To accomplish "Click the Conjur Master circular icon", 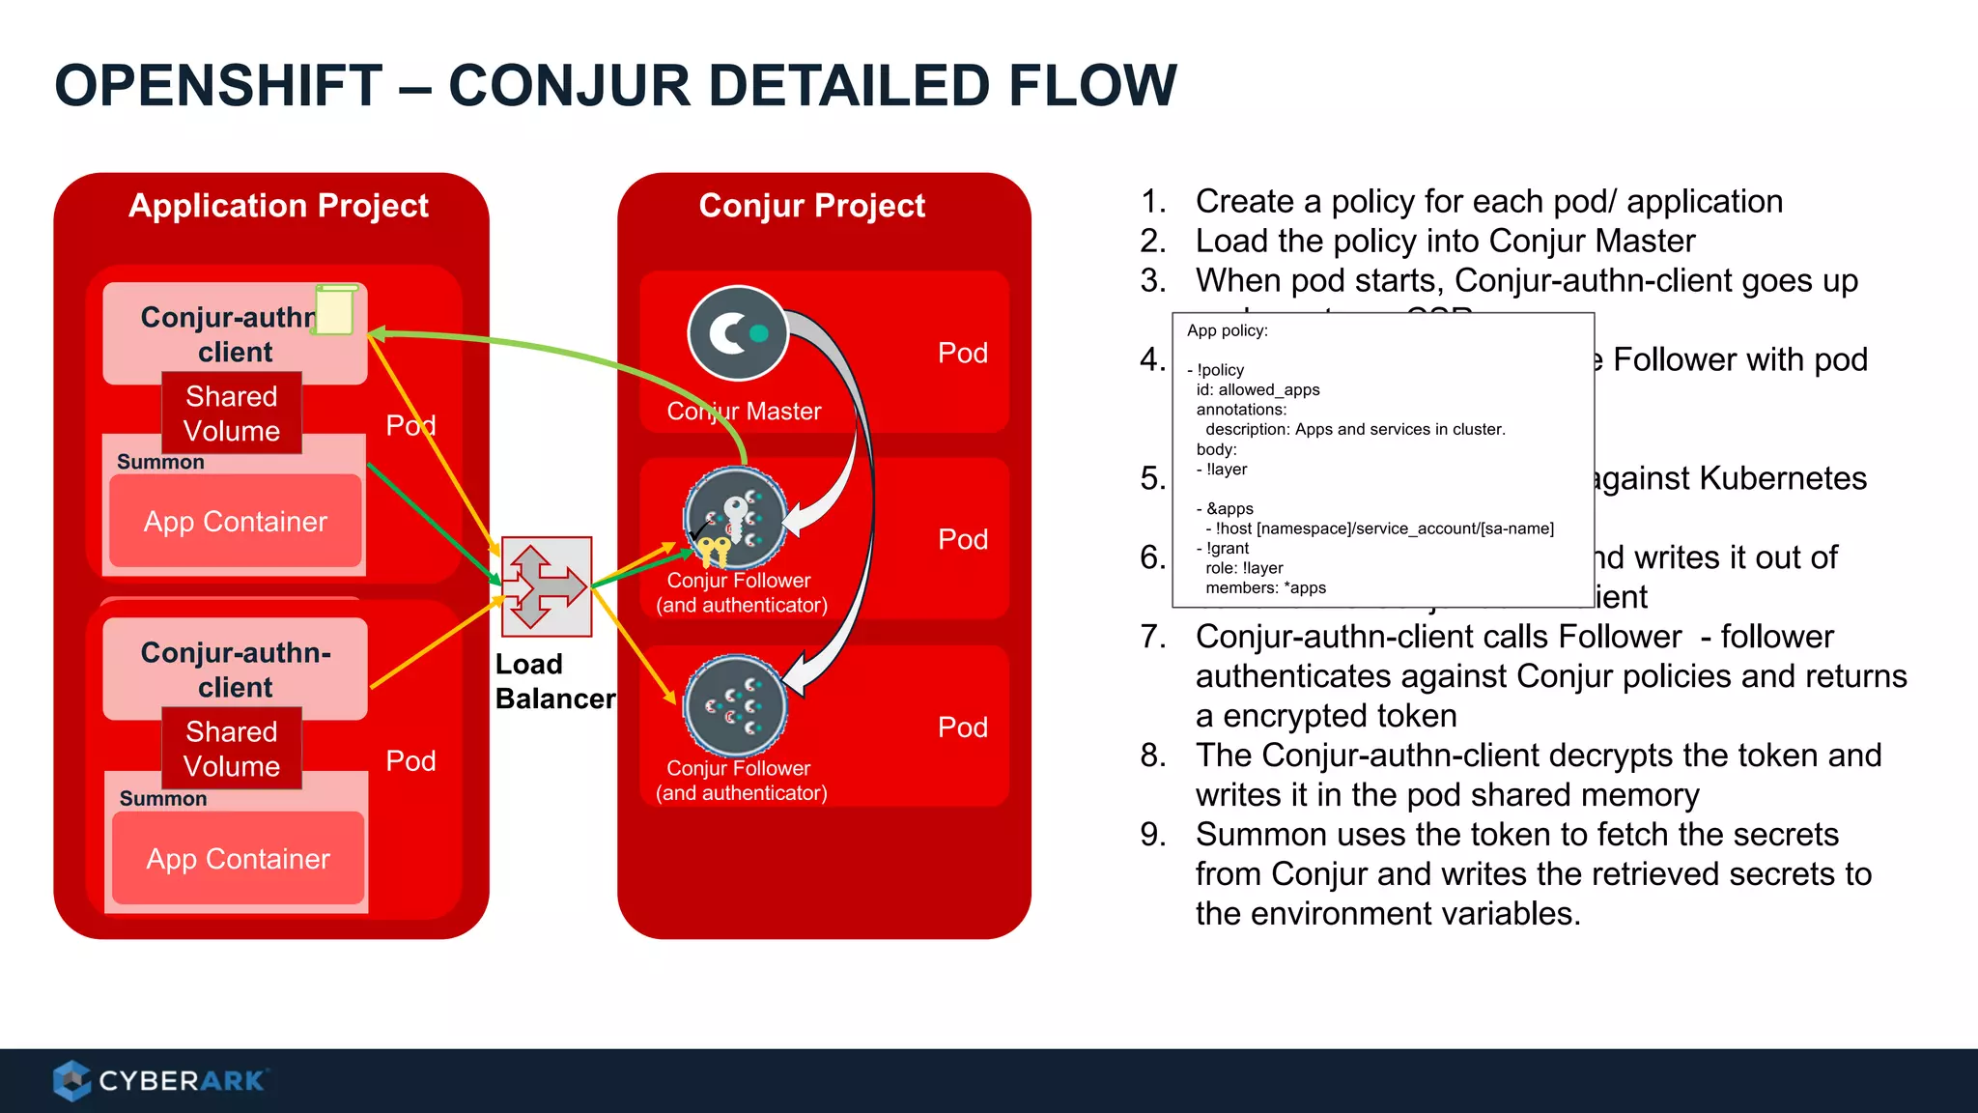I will point(738,333).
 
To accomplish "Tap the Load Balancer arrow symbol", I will point(547,586).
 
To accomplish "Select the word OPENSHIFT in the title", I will point(219,85).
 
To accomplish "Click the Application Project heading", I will point(278,205).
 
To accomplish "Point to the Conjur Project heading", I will point(811,205).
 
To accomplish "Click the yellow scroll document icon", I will point(335,309).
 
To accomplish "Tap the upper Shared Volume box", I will point(232,414).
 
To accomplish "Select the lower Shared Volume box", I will point(232,749).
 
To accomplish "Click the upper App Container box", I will point(236,522).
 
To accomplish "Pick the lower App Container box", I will point(239,859).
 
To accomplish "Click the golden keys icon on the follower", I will point(714,552).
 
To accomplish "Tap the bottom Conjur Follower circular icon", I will point(736,705).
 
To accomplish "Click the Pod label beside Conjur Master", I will point(962,353).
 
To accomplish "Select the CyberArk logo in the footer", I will point(160,1080).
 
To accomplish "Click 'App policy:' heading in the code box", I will point(1227,330).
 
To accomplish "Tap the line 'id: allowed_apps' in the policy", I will point(1257,389).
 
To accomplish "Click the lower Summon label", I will point(163,799).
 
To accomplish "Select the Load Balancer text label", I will point(553,681).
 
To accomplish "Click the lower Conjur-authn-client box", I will point(236,669).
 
